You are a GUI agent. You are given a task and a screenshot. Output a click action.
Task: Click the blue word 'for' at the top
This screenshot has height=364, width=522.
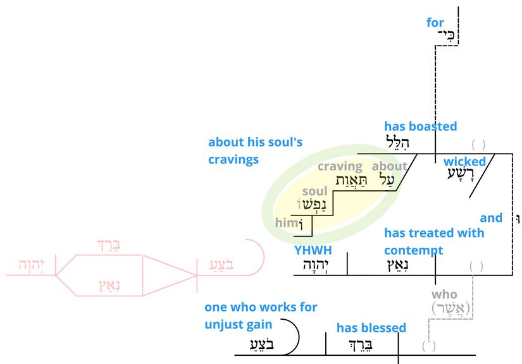tap(435, 23)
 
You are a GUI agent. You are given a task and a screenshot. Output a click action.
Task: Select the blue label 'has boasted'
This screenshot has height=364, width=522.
tap(420, 126)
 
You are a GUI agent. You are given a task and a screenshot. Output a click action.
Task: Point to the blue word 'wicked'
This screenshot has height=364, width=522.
tap(464, 162)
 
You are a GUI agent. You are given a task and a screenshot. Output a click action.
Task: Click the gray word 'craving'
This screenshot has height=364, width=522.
tap(340, 167)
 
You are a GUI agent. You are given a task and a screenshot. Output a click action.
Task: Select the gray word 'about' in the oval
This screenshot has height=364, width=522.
tap(389, 167)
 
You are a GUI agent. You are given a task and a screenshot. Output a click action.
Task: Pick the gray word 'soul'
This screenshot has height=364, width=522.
tap(315, 191)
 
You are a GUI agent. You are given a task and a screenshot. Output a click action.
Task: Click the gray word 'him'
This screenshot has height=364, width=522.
tap(285, 223)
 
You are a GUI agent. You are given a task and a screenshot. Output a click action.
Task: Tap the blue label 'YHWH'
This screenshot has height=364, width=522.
tap(313, 250)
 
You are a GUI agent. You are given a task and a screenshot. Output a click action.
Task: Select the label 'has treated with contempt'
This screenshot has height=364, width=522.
tap(434, 241)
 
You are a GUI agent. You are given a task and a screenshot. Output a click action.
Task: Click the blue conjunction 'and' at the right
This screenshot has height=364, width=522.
tap(491, 218)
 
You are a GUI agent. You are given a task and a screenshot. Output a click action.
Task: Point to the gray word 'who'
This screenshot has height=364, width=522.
tap(444, 294)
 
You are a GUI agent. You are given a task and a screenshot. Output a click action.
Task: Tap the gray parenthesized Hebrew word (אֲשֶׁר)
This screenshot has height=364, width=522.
tap(453, 308)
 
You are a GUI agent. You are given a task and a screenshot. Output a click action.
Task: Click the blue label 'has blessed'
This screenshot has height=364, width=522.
tap(371, 327)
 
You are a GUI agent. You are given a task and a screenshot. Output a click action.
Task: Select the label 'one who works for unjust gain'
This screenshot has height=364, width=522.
tap(261, 316)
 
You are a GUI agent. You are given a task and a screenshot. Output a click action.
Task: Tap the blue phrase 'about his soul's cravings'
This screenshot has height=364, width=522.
tap(255, 151)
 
